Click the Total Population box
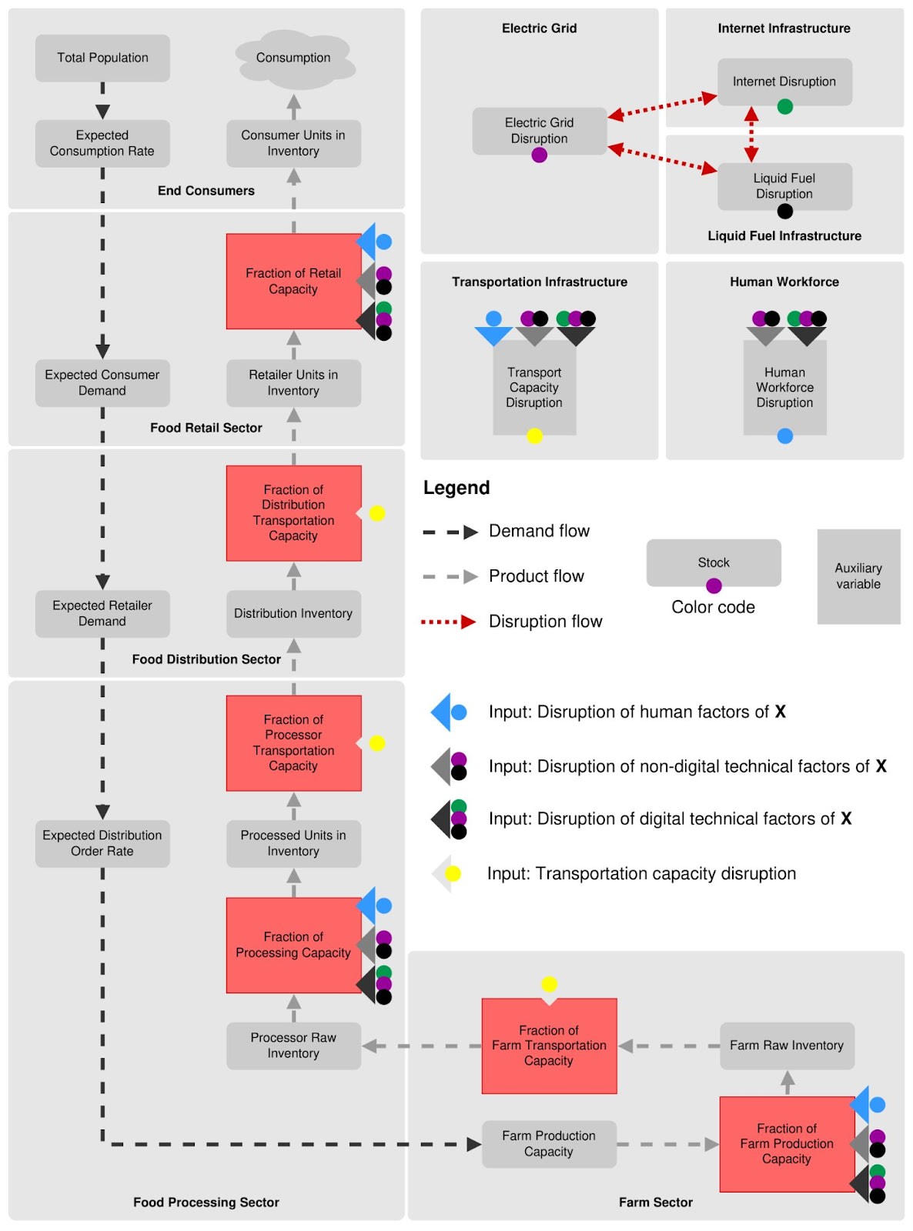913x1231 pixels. (x=102, y=58)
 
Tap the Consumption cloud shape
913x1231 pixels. (x=294, y=58)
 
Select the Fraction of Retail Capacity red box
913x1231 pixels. (x=293, y=281)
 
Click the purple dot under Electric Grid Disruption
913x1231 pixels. (x=539, y=155)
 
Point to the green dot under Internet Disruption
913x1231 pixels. (x=784, y=106)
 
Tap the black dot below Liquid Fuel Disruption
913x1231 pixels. (x=784, y=211)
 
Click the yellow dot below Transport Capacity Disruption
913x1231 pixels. (x=533, y=435)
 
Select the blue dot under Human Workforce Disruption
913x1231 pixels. (x=784, y=435)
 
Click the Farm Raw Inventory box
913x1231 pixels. (x=787, y=1046)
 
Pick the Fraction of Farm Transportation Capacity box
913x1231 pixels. (x=549, y=1046)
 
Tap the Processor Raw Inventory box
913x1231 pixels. (x=293, y=1046)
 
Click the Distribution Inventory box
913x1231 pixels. (x=293, y=613)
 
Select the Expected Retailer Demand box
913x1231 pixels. (x=102, y=613)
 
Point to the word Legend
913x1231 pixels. (x=456, y=488)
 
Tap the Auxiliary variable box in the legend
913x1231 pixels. (x=858, y=576)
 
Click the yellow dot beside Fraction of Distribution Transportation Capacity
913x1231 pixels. (x=376, y=513)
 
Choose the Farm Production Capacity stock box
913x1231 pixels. (x=549, y=1144)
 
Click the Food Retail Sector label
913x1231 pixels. (x=206, y=427)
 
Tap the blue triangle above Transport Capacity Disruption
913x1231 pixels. (x=493, y=335)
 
